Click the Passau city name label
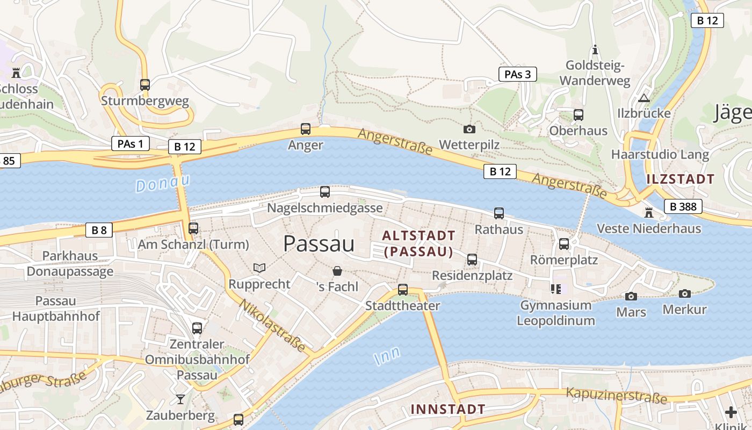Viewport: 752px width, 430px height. click(319, 244)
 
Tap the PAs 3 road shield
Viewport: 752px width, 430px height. click(518, 74)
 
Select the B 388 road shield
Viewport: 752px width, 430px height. click(683, 206)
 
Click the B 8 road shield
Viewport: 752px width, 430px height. click(99, 231)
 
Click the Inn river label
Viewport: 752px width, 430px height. click(387, 356)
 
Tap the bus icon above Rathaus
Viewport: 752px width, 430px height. click(499, 213)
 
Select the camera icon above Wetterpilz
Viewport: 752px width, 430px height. click(469, 129)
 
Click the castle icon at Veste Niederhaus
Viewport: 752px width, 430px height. click(648, 213)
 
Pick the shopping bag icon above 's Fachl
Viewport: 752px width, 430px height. click(337, 271)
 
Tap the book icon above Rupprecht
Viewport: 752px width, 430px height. click(259, 268)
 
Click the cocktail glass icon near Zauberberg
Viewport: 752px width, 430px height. click(180, 399)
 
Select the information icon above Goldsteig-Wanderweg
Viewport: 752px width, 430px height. click(595, 50)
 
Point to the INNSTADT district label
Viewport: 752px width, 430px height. click(448, 409)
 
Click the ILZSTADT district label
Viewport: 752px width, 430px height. click(681, 180)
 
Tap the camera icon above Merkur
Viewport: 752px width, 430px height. click(684, 293)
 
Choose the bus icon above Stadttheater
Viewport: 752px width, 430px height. click(403, 290)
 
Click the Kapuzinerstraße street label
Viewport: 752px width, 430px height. click(617, 395)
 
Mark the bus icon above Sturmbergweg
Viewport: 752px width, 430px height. click(144, 84)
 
